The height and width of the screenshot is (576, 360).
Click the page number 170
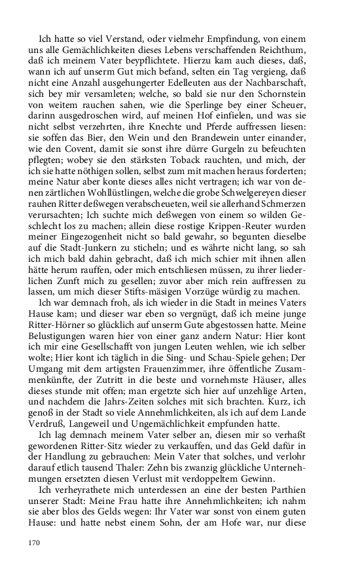tap(35, 542)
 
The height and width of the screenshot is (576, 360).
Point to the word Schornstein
tap(296, 108)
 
